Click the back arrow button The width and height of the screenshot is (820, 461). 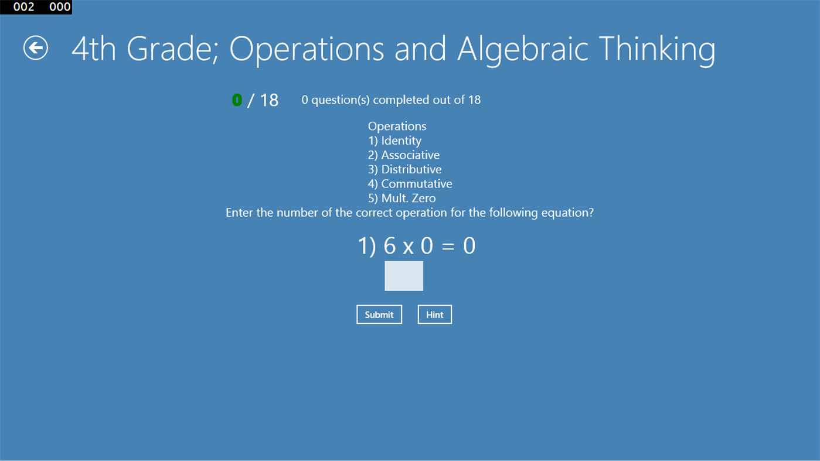click(x=36, y=48)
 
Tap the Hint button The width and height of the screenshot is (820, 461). click(x=434, y=315)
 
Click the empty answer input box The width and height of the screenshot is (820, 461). click(x=403, y=276)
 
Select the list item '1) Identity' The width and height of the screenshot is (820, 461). click(x=394, y=141)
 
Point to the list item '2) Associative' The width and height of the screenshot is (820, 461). click(x=403, y=155)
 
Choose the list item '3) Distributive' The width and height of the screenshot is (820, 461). click(x=404, y=169)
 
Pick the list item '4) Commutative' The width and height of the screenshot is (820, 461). click(x=410, y=184)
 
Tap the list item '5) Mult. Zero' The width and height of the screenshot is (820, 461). click(x=402, y=198)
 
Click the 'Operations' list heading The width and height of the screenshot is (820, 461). click(x=397, y=127)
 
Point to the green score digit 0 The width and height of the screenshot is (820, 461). click(x=237, y=100)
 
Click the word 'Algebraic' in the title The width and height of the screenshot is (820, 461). click(x=523, y=49)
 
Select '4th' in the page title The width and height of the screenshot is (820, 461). click(x=94, y=49)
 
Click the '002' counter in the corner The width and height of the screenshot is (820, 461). click(x=23, y=7)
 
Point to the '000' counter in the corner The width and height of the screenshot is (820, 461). click(x=60, y=7)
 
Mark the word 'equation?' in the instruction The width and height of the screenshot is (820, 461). click(x=567, y=213)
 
